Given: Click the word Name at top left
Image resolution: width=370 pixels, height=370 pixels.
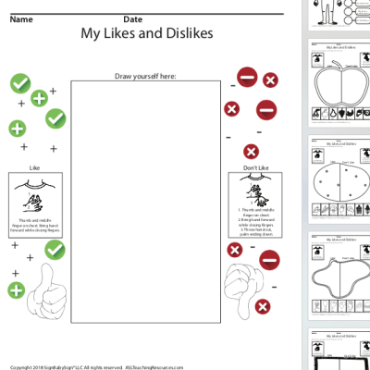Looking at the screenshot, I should (21, 18).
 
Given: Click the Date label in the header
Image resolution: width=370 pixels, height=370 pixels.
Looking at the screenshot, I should (132, 18).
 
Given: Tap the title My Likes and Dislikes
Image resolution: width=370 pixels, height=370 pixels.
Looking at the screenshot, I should (147, 33).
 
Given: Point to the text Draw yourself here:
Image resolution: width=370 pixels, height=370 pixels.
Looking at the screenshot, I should (145, 75).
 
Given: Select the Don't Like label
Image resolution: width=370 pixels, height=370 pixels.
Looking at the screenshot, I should (255, 167).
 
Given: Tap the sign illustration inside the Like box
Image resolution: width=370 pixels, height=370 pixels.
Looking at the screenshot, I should (35, 193).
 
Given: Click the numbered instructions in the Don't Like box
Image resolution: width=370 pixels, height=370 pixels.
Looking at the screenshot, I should (255, 223).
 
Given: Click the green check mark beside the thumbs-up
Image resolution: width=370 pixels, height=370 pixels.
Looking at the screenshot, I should (55, 250).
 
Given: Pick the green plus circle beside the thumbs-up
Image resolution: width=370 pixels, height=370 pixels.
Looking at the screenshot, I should (16, 291).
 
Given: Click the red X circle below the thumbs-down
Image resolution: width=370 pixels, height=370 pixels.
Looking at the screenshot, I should (263, 307).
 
